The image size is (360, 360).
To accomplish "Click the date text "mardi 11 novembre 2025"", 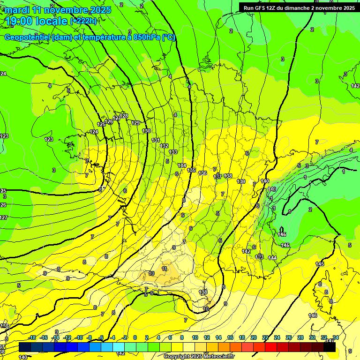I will (58, 10).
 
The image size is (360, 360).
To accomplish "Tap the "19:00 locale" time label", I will (36, 21).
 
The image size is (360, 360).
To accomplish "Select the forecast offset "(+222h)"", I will (83, 21).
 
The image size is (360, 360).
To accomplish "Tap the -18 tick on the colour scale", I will (32, 337).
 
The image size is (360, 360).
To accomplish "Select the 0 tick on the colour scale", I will (135, 337).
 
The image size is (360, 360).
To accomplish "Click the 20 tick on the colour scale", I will (254, 337).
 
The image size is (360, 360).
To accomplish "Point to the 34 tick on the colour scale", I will (336, 337).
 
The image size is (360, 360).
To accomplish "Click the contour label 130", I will (146, 131).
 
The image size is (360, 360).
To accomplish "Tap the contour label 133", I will (173, 152).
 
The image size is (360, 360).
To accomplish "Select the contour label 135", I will (191, 170).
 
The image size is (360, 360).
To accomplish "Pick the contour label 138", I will (228, 176).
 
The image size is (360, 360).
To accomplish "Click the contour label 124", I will (94, 132).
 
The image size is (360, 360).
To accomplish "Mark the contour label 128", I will (124, 116).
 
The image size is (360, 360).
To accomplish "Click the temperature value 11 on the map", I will (164, 269).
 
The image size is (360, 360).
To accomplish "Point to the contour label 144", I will (272, 258).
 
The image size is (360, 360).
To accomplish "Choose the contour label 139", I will (241, 181).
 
